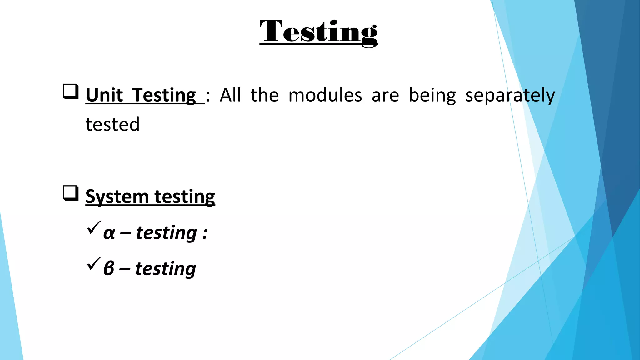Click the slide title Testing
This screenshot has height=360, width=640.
coord(318,32)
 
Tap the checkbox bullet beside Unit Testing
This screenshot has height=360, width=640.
coord(71,92)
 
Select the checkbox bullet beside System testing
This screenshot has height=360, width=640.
coord(71,193)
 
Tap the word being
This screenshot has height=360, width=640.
coord(432,96)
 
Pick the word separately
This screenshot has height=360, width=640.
coord(510,96)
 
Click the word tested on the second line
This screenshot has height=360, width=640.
coord(112,124)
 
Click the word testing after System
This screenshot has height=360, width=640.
coord(185,197)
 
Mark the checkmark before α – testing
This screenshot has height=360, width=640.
coord(94,227)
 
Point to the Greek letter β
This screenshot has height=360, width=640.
coord(109,268)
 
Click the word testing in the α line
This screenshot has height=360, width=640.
coord(166,233)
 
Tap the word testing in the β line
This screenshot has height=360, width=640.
coord(165,269)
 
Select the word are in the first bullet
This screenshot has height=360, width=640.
coord(385,96)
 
